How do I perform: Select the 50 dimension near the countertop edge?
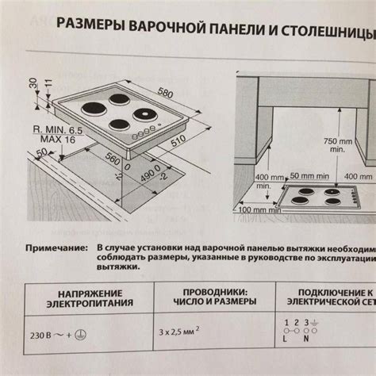41,152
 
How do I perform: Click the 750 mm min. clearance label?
337,145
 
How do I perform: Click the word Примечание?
56,247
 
